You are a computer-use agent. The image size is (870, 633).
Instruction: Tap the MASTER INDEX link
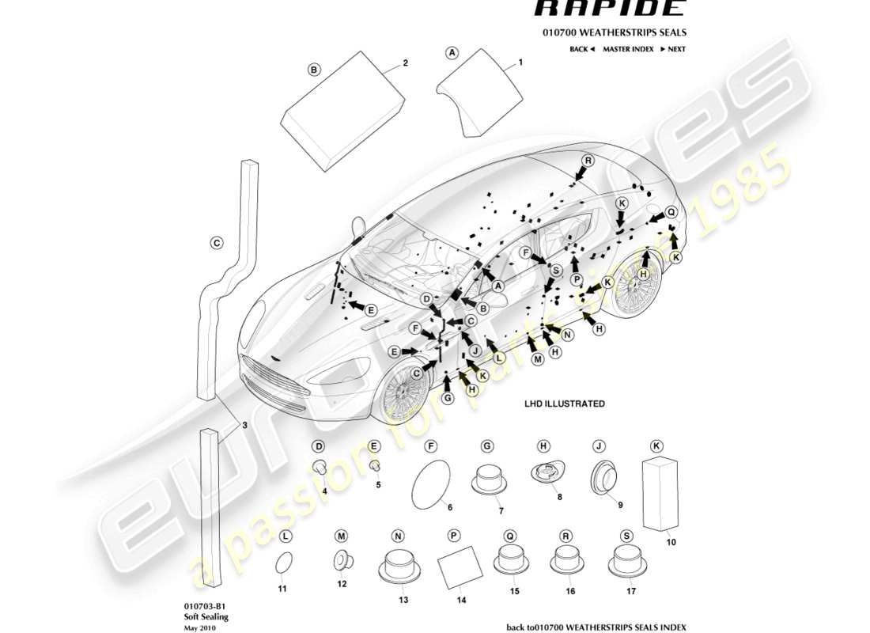(x=627, y=49)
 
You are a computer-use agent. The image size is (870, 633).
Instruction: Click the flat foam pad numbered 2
(x=343, y=111)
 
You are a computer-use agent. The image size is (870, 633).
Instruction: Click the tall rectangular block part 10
(x=661, y=492)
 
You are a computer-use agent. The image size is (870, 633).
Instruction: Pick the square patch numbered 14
(x=458, y=567)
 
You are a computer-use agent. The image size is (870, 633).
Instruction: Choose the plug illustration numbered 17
(x=626, y=563)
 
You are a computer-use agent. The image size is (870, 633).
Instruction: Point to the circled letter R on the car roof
(x=588, y=161)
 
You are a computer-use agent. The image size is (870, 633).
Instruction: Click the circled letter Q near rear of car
(x=671, y=212)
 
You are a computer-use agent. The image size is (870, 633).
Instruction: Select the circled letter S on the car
(x=556, y=271)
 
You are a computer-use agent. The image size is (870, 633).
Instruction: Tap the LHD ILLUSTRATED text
(x=564, y=404)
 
